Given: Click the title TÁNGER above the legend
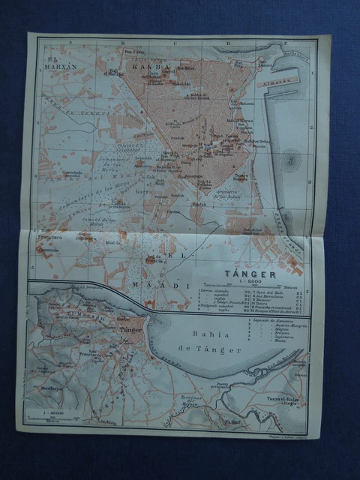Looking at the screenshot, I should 253,274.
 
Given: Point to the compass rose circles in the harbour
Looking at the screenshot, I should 290,160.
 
